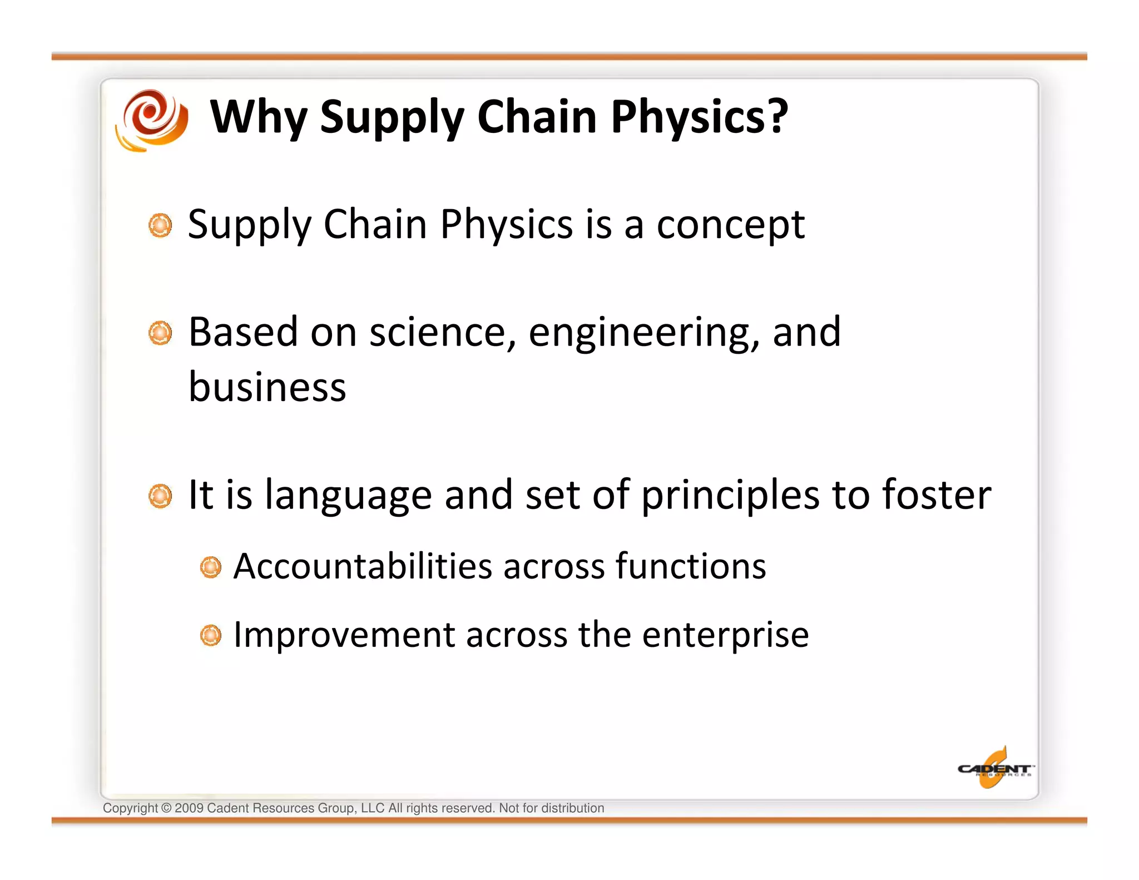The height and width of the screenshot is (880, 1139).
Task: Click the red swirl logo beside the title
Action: [x=152, y=120]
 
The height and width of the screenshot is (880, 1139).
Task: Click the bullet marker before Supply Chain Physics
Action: [x=160, y=225]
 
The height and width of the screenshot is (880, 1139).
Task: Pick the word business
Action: [x=267, y=387]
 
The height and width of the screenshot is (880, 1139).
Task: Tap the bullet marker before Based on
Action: [x=160, y=333]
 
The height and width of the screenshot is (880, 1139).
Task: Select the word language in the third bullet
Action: [x=348, y=495]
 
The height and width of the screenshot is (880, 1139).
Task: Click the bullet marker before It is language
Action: [x=160, y=496]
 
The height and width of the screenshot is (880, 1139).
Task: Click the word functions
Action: [x=690, y=566]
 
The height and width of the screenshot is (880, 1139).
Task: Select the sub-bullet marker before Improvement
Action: [x=210, y=635]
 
